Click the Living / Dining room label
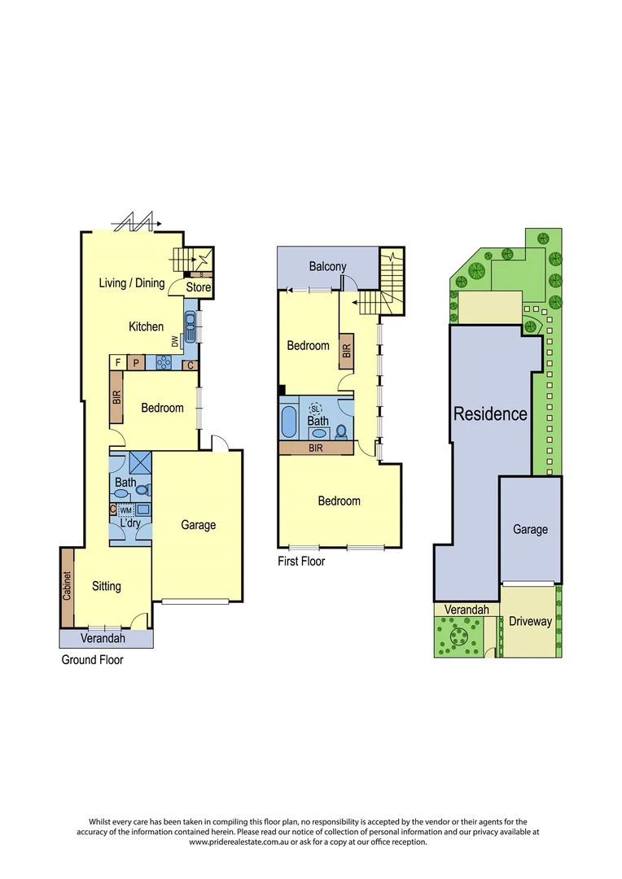coord(131,283)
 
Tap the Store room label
coord(199,287)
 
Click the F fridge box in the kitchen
coord(118,362)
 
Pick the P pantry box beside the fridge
coord(136,362)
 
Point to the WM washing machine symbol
coord(125,509)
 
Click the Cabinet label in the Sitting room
coord(68,587)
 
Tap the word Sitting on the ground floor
coord(107,586)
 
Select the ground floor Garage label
coord(198,525)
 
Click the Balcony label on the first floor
coord(327,266)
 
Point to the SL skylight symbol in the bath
coord(316,409)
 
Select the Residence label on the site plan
coord(490,413)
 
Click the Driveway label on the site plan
coord(530,621)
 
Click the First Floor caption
coord(301,562)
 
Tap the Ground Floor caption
coord(92,660)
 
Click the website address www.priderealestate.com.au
coord(240,842)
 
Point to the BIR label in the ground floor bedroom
coord(117,398)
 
